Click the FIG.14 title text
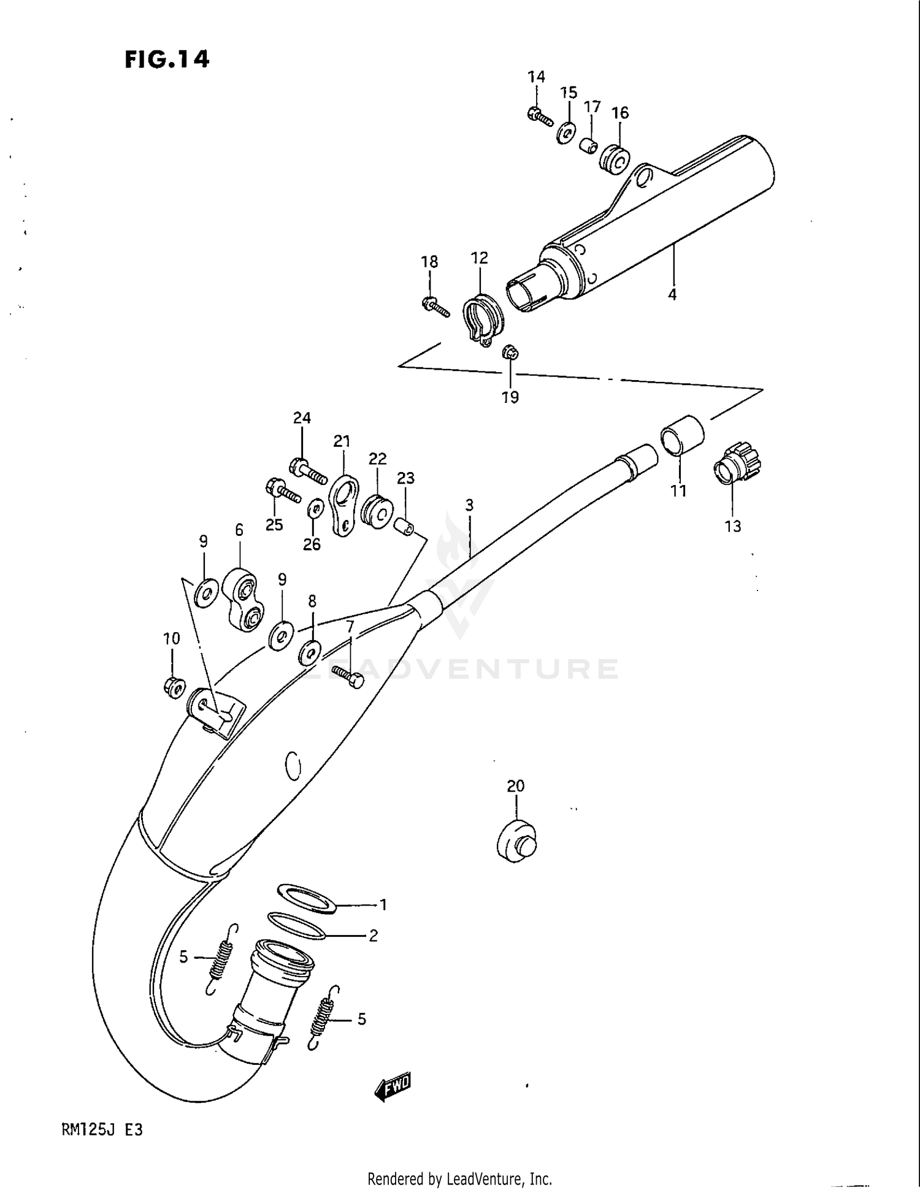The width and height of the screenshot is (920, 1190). click(x=167, y=59)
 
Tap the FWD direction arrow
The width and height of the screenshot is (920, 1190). click(x=393, y=1087)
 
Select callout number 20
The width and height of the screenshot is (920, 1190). click(x=516, y=785)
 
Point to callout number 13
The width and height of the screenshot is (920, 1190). click(x=733, y=526)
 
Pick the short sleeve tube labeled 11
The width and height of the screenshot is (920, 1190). click(x=682, y=436)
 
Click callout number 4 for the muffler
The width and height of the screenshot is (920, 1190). click(x=672, y=295)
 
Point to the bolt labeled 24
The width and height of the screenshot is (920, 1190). click(x=307, y=470)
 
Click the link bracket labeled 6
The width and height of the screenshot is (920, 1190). click(x=243, y=599)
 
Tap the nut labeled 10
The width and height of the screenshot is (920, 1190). click(x=174, y=687)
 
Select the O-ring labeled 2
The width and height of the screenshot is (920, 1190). click(x=296, y=925)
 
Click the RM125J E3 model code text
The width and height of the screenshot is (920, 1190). click(x=102, y=1129)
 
